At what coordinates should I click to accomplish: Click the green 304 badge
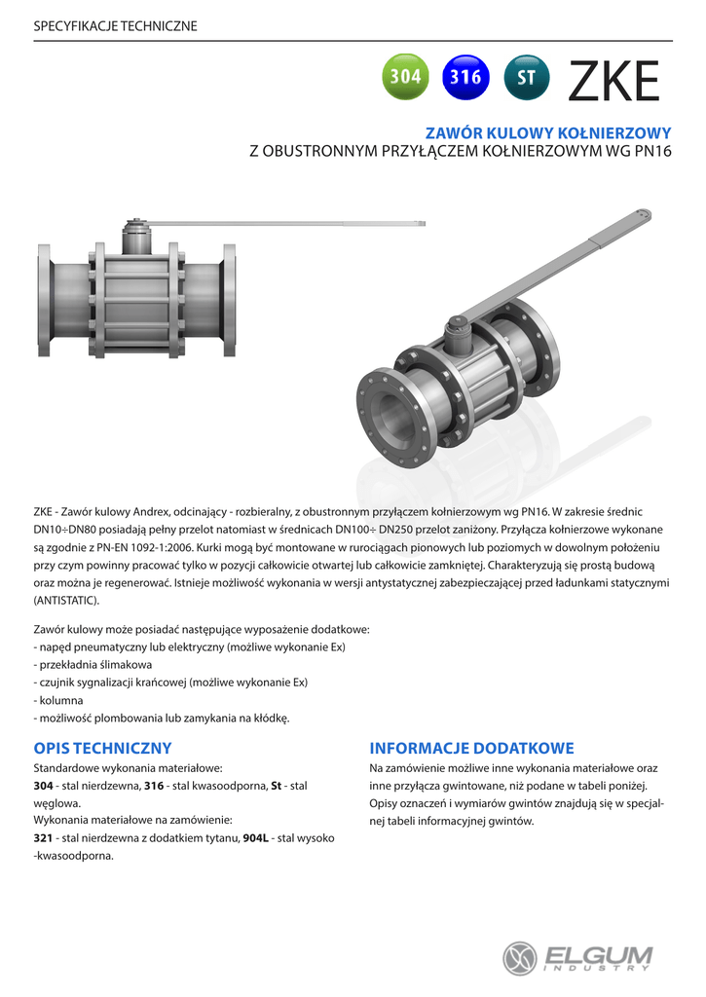point(405,77)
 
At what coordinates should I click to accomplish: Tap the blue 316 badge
point(465,77)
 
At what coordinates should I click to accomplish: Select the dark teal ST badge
point(527,77)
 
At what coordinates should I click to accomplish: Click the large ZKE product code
point(613,81)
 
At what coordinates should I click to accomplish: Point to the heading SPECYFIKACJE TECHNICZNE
point(115,25)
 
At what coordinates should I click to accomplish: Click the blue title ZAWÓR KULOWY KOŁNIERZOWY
point(549,132)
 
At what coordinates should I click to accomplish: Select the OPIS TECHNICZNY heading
point(102,748)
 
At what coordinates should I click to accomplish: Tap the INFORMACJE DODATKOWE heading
point(471,748)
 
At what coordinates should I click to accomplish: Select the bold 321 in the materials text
point(43,838)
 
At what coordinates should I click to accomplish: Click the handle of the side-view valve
point(292,224)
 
